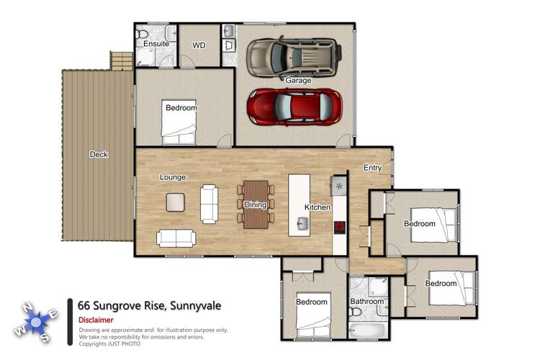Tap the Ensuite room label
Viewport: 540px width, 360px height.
156,44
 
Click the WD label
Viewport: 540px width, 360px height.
199,45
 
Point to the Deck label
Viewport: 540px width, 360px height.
99,154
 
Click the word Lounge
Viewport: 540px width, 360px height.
173,177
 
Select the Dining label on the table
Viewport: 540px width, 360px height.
256,205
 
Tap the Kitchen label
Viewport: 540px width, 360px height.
317,207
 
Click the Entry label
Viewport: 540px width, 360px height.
373,168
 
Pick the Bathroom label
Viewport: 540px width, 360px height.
367,302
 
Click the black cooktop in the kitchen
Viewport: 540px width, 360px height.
339,227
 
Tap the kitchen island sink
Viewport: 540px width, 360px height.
301,225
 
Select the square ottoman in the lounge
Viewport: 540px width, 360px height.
176,202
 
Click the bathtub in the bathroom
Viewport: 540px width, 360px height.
367,330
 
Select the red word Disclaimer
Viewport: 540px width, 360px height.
96,320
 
